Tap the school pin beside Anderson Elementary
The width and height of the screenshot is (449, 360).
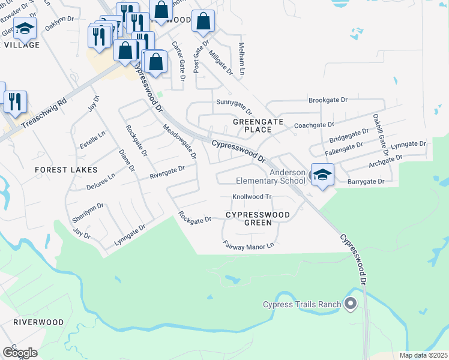pyautogui.click(x=322, y=175)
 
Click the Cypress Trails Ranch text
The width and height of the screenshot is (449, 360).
pyautogui.click(x=302, y=304)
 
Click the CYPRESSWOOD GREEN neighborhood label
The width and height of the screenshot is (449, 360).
pyautogui.click(x=258, y=218)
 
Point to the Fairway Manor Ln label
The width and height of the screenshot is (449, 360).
pyautogui.click(x=248, y=245)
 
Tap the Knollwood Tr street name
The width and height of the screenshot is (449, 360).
pyautogui.click(x=252, y=197)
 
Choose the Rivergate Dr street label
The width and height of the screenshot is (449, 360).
pyautogui.click(x=167, y=171)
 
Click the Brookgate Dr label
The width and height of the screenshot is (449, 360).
pyautogui.click(x=328, y=100)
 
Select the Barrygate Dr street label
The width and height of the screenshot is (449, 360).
pyautogui.click(x=369, y=181)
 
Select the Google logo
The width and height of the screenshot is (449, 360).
pyautogui.click(x=19, y=353)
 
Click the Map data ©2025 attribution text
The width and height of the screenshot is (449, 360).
pyautogui.click(x=423, y=355)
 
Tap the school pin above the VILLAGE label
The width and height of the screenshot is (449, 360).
pyautogui.click(x=25, y=28)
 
